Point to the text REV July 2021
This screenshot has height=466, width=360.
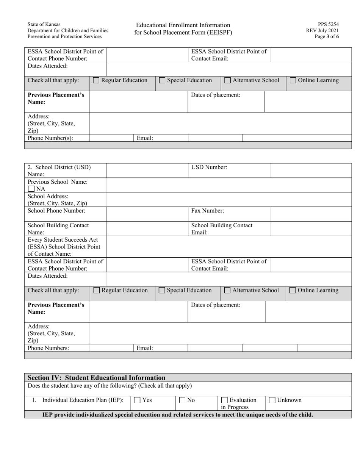[322, 31]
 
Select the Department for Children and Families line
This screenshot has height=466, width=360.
[67, 31]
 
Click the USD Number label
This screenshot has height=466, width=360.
[209, 167]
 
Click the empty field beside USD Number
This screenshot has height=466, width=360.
[311, 170]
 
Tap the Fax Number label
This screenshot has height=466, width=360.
[207, 210]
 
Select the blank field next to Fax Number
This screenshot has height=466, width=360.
[311, 214]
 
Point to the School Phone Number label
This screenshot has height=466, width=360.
[56, 210]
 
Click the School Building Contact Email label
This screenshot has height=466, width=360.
[222, 228]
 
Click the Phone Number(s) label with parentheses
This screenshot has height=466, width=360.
[50, 138]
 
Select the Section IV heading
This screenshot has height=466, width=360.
[97, 378]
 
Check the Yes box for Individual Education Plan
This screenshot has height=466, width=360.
[138, 400]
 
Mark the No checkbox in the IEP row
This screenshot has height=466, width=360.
[183, 400]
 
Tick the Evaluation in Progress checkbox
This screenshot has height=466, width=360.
[225, 400]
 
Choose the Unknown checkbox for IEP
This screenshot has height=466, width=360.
[272, 400]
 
